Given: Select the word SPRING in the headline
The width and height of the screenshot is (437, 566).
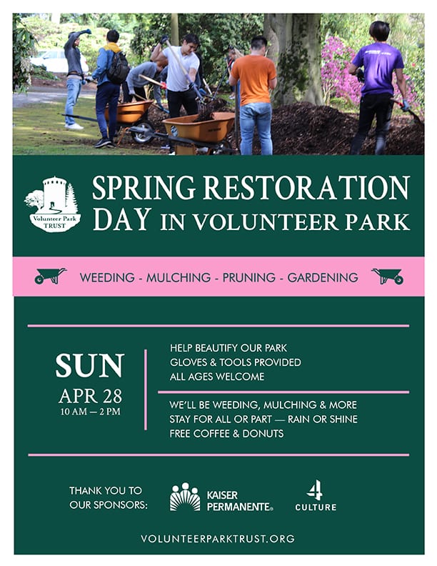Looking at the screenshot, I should [145, 188].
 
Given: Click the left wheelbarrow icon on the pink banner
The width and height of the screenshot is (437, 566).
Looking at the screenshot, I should [51, 275].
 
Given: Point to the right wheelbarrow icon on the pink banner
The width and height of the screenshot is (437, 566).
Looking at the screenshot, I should [387, 276].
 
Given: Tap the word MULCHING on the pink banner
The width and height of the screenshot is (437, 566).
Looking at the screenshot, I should [179, 277].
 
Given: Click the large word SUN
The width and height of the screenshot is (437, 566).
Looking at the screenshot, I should [90, 366].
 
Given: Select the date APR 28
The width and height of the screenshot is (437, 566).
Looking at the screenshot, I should [90, 395].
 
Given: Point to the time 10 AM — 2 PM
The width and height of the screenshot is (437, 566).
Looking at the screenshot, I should [90, 411].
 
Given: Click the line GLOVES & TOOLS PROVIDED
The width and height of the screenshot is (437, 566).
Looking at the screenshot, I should [235, 362].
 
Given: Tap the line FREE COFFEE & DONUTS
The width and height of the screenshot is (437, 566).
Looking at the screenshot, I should [226, 434].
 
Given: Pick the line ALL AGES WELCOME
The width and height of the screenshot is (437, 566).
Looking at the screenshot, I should [217, 377].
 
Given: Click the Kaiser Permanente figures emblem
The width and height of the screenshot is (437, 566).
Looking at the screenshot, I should [185, 497].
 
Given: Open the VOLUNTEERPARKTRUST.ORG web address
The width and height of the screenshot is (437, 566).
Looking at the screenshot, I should [218, 538].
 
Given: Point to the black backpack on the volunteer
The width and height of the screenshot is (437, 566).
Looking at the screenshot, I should [118, 66].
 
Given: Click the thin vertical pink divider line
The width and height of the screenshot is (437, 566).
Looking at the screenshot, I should [146, 389].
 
